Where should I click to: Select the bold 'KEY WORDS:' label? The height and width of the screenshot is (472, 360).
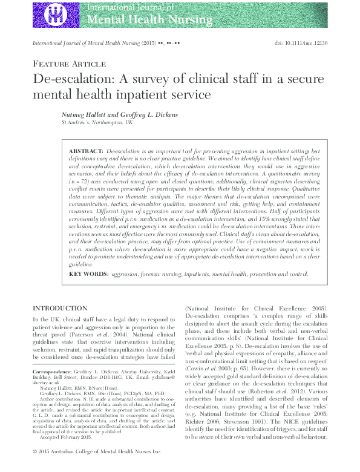click(x=89, y=274)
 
